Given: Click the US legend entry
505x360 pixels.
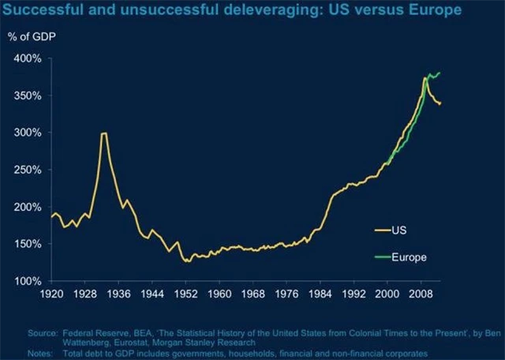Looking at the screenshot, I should [x=398, y=231].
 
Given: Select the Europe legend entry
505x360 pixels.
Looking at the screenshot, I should [x=407, y=257].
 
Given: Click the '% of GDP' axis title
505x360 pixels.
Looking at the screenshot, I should [x=32, y=38].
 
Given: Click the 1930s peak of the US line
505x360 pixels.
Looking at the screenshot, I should [x=103, y=133].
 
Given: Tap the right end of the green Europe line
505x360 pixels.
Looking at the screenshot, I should [x=440, y=73].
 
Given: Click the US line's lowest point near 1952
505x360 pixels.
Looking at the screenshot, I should [x=187, y=261].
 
